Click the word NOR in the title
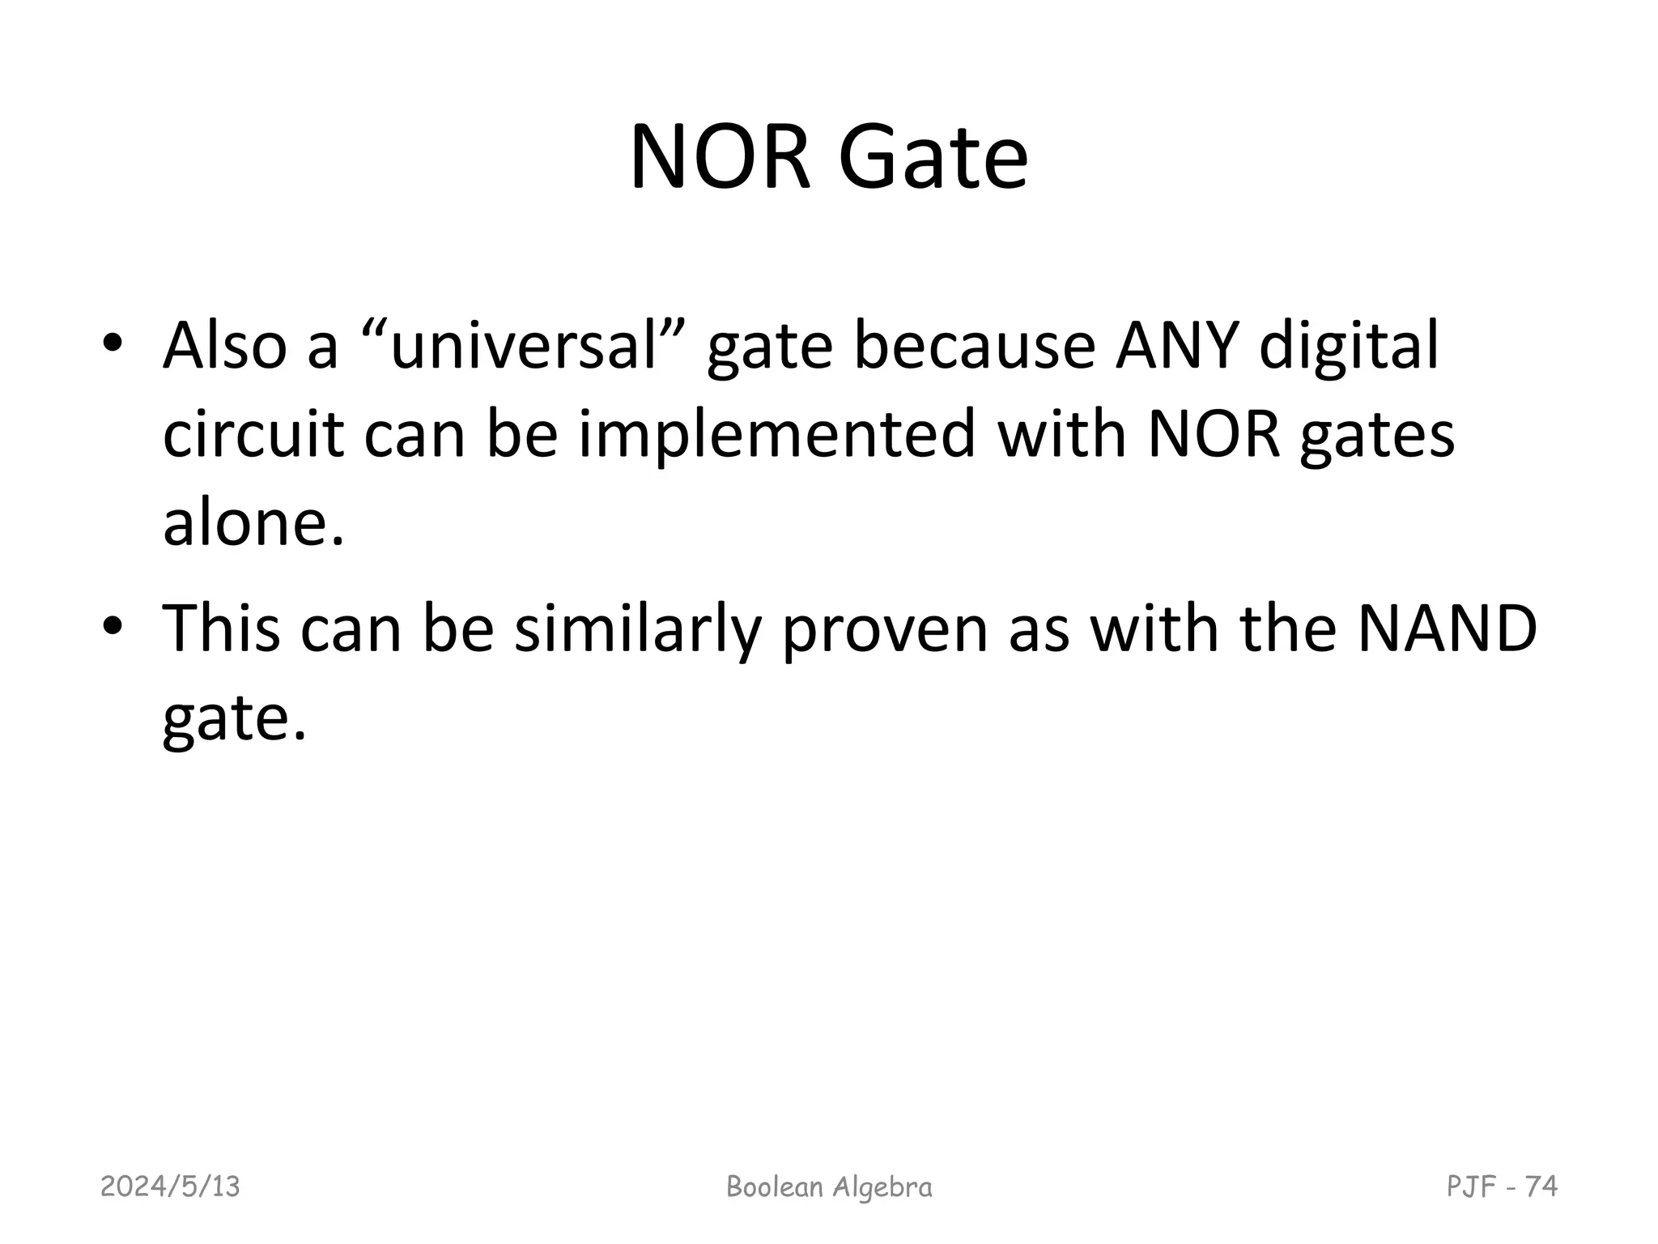(x=720, y=157)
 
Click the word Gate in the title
(x=933, y=157)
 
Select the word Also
(x=225, y=347)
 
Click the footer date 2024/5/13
(x=171, y=1186)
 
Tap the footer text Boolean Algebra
(x=829, y=1186)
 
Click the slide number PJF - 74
(x=1502, y=1186)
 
